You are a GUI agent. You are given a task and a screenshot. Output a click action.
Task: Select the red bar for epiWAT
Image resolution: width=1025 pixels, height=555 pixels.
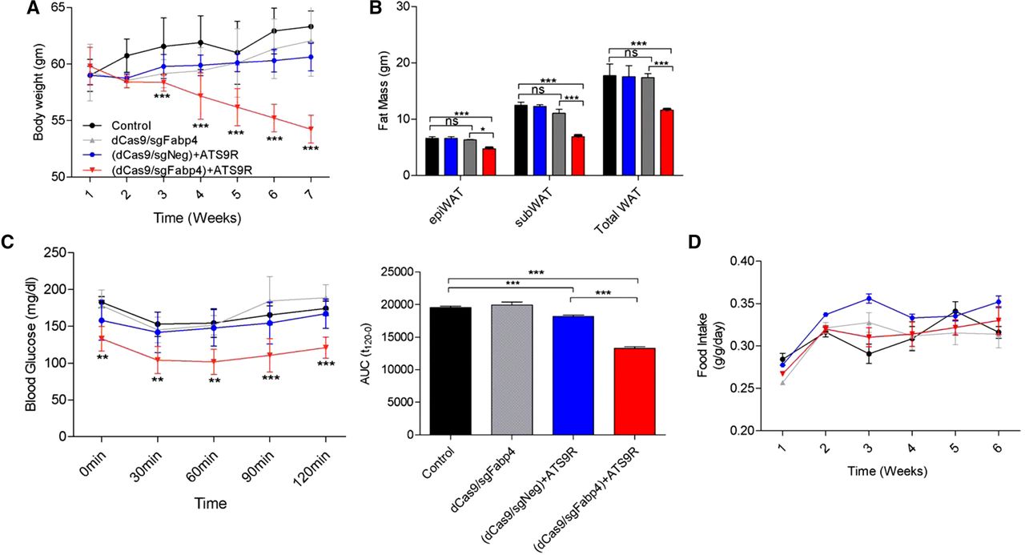click(x=488, y=162)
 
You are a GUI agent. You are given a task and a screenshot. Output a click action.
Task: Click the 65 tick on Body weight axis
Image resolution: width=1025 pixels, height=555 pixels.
click(x=58, y=7)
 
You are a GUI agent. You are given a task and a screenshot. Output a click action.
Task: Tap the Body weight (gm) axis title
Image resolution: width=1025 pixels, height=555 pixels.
click(x=38, y=92)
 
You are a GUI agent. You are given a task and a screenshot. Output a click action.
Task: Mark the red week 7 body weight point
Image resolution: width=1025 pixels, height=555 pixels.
click(x=310, y=129)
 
